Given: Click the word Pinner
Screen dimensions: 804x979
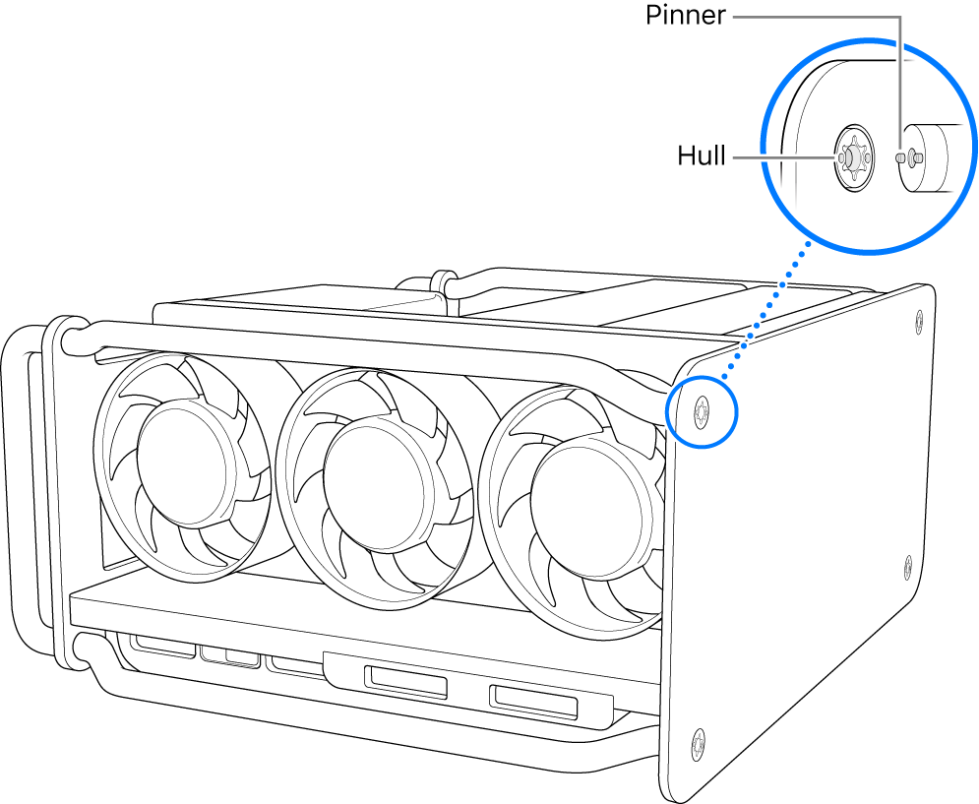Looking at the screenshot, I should (687, 16).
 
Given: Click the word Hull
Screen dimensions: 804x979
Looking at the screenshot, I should (701, 155).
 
